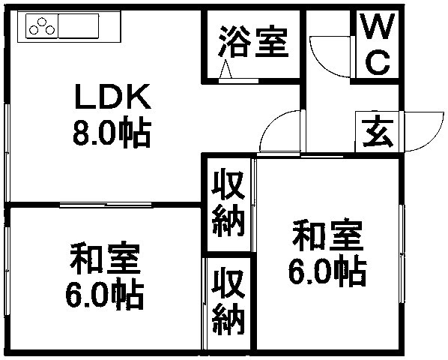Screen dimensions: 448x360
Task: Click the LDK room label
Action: pos(112,96)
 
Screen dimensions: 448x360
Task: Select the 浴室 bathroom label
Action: pos(253,42)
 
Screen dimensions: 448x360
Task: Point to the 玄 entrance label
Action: pos(378,131)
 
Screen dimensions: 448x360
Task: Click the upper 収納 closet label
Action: pos(228,203)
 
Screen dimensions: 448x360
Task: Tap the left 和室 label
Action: pos(105,259)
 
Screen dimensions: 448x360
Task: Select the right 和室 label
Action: pos(327,235)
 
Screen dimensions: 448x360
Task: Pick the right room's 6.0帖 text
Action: pos(327,271)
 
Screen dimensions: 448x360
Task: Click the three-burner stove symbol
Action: pos(42,26)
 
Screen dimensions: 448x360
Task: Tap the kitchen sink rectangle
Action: pos(79,26)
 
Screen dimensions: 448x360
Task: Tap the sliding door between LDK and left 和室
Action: pos(106,205)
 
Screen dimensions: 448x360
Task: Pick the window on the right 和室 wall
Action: pos(402,254)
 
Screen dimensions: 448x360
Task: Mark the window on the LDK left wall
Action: pos(7,153)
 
